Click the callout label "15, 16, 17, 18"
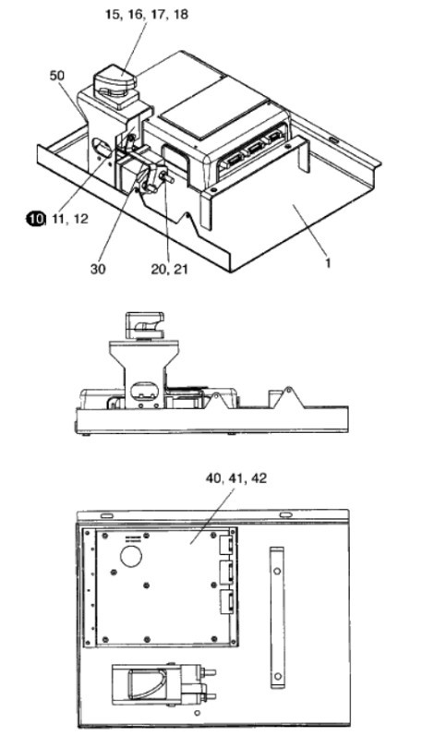pyautogui.click(x=147, y=14)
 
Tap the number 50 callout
pyautogui.click(x=56, y=76)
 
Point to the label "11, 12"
pyautogui.click(x=70, y=219)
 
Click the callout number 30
pyautogui.click(x=98, y=269)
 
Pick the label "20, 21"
pyautogui.click(x=169, y=269)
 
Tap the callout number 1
pyautogui.click(x=328, y=263)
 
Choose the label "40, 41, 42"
pyautogui.click(x=236, y=478)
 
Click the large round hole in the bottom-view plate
pyautogui.click(x=131, y=556)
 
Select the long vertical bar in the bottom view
pyautogui.click(x=277, y=617)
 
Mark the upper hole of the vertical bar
pyautogui.click(x=277, y=572)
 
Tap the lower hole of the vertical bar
pyautogui.click(x=277, y=676)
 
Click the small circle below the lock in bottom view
pyautogui.click(x=197, y=713)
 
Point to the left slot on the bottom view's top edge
pyautogui.click(x=106, y=516)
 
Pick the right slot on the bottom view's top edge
pyautogui.click(x=284, y=515)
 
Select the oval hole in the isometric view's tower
pyautogui.click(x=102, y=147)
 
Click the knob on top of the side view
pyautogui.click(x=144, y=325)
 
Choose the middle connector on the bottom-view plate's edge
pyautogui.click(x=227, y=572)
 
